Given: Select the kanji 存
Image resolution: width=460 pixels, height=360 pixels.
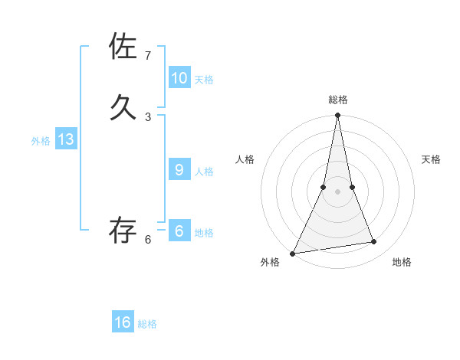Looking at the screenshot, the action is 123,229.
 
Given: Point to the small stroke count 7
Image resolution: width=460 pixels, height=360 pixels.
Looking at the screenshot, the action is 148,56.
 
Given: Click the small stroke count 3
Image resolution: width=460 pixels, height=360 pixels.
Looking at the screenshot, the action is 148,116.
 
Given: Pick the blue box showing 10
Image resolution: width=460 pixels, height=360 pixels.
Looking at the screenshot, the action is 179,77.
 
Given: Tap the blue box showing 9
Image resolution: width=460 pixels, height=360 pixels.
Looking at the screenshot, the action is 179,169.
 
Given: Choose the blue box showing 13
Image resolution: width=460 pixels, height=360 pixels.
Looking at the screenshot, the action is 66,139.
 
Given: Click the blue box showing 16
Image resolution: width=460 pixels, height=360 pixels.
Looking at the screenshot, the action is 123,322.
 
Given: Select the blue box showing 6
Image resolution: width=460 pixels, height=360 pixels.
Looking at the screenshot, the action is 179,231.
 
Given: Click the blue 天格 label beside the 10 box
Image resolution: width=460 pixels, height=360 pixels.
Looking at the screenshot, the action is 204,80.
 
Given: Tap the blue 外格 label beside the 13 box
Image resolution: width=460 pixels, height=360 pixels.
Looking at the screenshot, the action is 41,141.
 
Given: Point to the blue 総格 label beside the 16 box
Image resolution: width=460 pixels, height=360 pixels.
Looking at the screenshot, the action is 147,324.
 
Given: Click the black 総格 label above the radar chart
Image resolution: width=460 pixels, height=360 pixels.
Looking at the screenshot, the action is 338,100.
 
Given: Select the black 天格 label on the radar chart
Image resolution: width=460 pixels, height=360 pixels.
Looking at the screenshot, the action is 431,159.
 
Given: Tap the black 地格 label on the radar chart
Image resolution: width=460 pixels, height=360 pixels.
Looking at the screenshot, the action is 402,262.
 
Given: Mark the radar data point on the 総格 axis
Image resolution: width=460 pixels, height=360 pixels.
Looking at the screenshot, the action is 338,116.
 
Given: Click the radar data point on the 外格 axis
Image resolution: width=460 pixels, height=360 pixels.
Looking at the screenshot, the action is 292,253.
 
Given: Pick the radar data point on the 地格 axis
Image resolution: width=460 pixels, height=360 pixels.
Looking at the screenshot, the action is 374,242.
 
